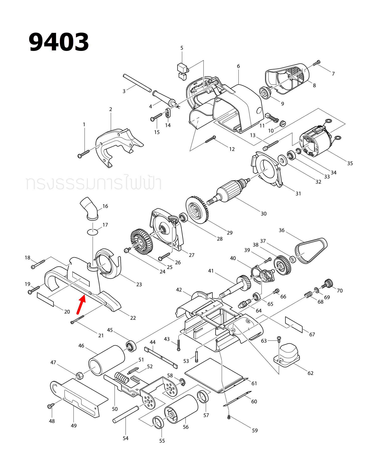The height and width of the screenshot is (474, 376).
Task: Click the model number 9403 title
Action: click(59, 42)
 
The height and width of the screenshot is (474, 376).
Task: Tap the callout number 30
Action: click(263, 214)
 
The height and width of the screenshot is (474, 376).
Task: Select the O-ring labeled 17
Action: click(92, 232)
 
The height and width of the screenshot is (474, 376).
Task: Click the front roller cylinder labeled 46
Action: click(107, 360)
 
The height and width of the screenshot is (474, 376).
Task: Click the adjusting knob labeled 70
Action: click(328, 283)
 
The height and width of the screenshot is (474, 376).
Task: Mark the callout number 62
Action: click(310, 373)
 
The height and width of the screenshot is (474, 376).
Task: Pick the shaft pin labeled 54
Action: click(126, 414)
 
